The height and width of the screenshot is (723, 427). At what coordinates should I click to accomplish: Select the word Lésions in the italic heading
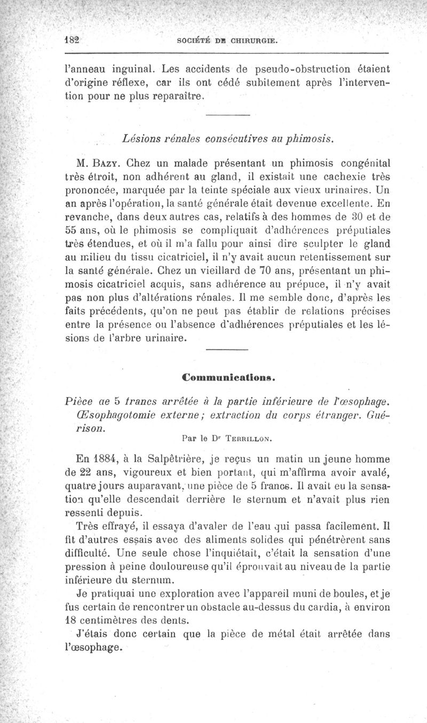click(x=141, y=139)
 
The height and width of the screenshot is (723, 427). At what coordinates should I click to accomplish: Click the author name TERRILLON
click(x=250, y=439)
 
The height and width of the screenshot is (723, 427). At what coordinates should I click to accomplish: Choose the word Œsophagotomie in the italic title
click(x=111, y=414)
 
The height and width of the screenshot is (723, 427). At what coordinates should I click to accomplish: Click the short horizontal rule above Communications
click(x=227, y=349)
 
